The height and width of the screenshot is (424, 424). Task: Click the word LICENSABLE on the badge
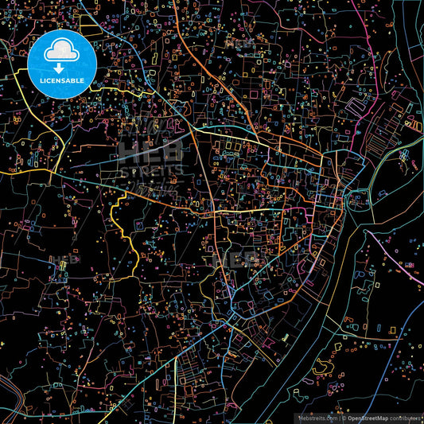tap(62, 80)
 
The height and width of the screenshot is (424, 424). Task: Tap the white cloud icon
tap(62, 53)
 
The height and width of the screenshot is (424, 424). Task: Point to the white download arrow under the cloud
tap(62, 67)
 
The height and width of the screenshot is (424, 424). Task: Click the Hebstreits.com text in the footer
tap(317, 418)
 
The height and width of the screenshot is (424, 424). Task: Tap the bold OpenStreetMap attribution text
tap(367, 418)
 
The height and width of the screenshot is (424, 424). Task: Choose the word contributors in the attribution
tap(406, 418)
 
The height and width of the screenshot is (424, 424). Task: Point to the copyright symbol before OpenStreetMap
tap(343, 418)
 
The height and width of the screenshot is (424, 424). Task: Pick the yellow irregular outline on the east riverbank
tap(322, 367)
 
